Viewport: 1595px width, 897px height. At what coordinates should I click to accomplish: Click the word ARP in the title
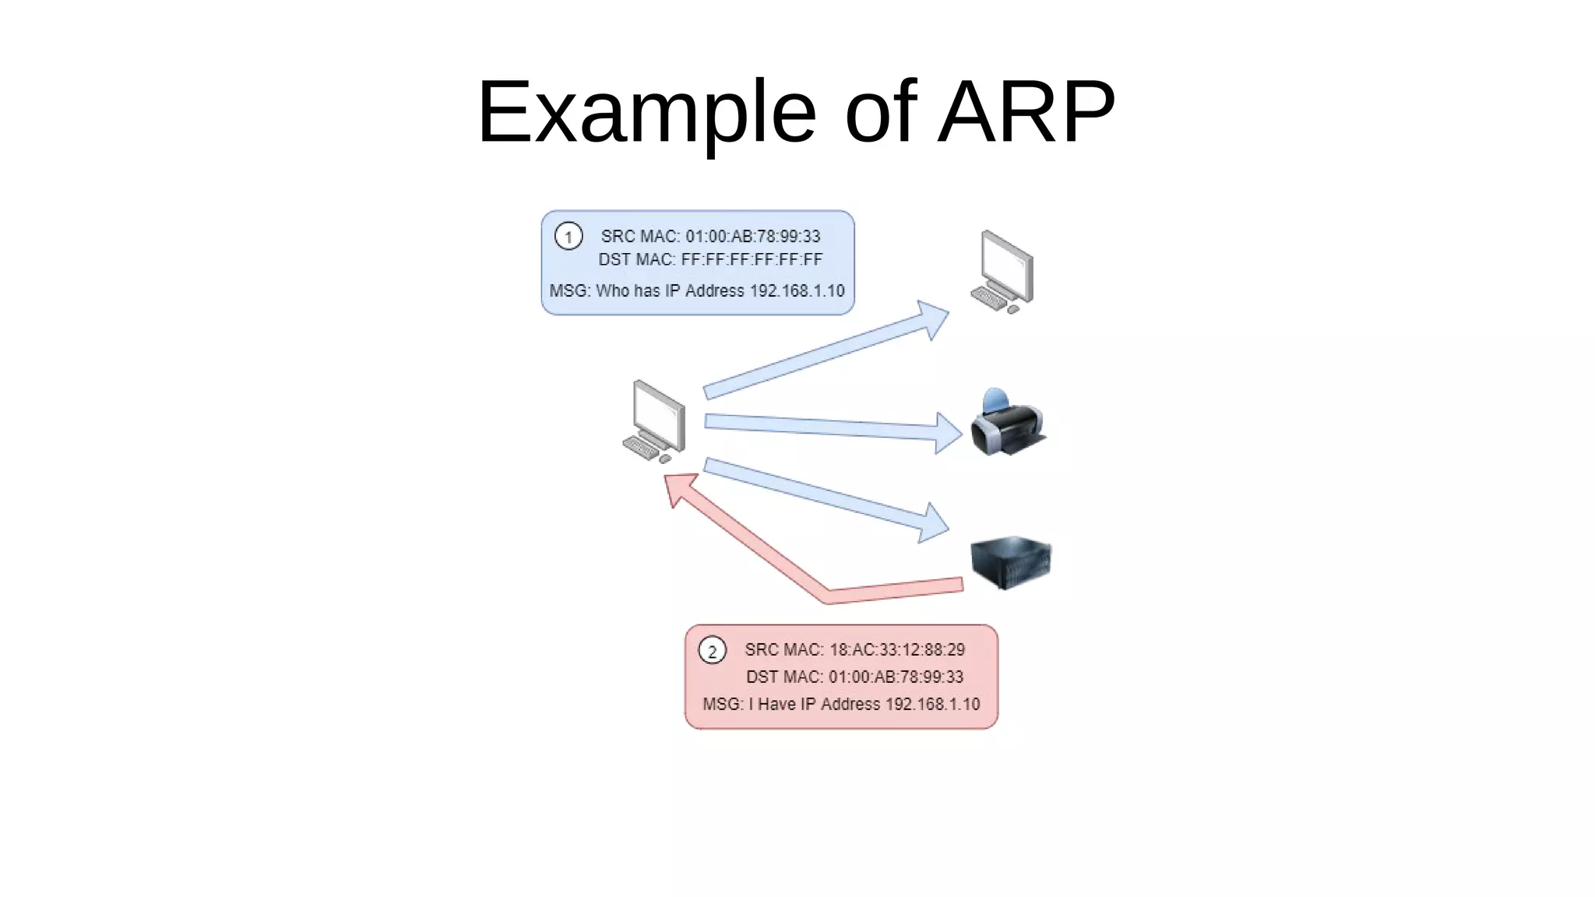tap(1026, 113)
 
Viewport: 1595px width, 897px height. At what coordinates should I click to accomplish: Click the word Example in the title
tap(646, 113)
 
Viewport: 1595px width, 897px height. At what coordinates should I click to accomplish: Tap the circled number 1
tap(569, 236)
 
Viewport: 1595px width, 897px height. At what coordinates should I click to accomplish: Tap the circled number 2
tap(712, 650)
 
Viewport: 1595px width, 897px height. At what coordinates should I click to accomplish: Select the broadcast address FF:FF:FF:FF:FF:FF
tap(752, 259)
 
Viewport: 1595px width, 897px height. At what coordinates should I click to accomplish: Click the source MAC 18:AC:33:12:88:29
tap(896, 649)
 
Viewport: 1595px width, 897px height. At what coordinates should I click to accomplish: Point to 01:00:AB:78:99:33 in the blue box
tap(752, 236)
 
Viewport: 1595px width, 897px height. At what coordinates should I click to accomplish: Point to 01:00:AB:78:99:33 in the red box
tap(896, 677)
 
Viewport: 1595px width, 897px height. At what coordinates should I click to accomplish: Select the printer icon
tap(1008, 424)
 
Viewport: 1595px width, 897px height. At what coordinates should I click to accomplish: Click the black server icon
tap(1010, 561)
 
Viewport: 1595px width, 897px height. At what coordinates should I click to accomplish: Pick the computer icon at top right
tap(1004, 272)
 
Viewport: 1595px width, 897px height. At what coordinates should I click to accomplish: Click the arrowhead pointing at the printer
tap(948, 432)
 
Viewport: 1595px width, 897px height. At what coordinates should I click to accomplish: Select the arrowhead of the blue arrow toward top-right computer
tap(932, 318)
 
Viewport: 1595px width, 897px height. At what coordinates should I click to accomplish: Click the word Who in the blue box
tap(612, 290)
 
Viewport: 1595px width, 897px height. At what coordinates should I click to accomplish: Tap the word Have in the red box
tap(776, 704)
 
